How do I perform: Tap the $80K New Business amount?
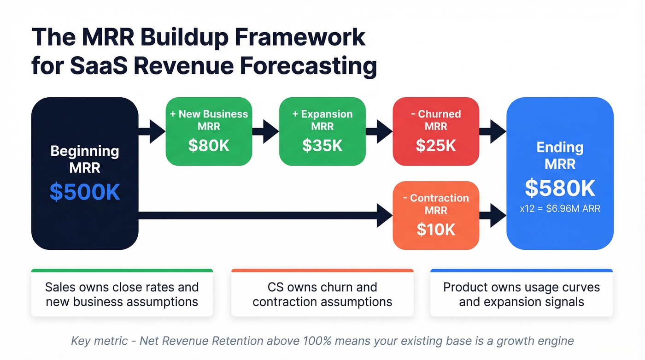tap(209, 145)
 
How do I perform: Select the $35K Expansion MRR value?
tap(322, 145)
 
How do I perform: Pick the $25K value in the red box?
tap(436, 145)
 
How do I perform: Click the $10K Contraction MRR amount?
tap(436, 229)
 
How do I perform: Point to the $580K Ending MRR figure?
tap(560, 188)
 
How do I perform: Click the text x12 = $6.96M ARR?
tap(560, 209)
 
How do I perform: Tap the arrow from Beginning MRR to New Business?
tap(152, 131)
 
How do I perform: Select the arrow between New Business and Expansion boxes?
tap(265, 131)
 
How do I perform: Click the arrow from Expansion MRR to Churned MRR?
tap(379, 131)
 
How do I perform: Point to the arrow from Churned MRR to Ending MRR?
tap(493, 131)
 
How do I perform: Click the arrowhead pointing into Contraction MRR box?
tap(385, 215)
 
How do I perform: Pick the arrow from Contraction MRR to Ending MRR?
tap(493, 215)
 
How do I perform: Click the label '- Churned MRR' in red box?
tap(436, 120)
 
